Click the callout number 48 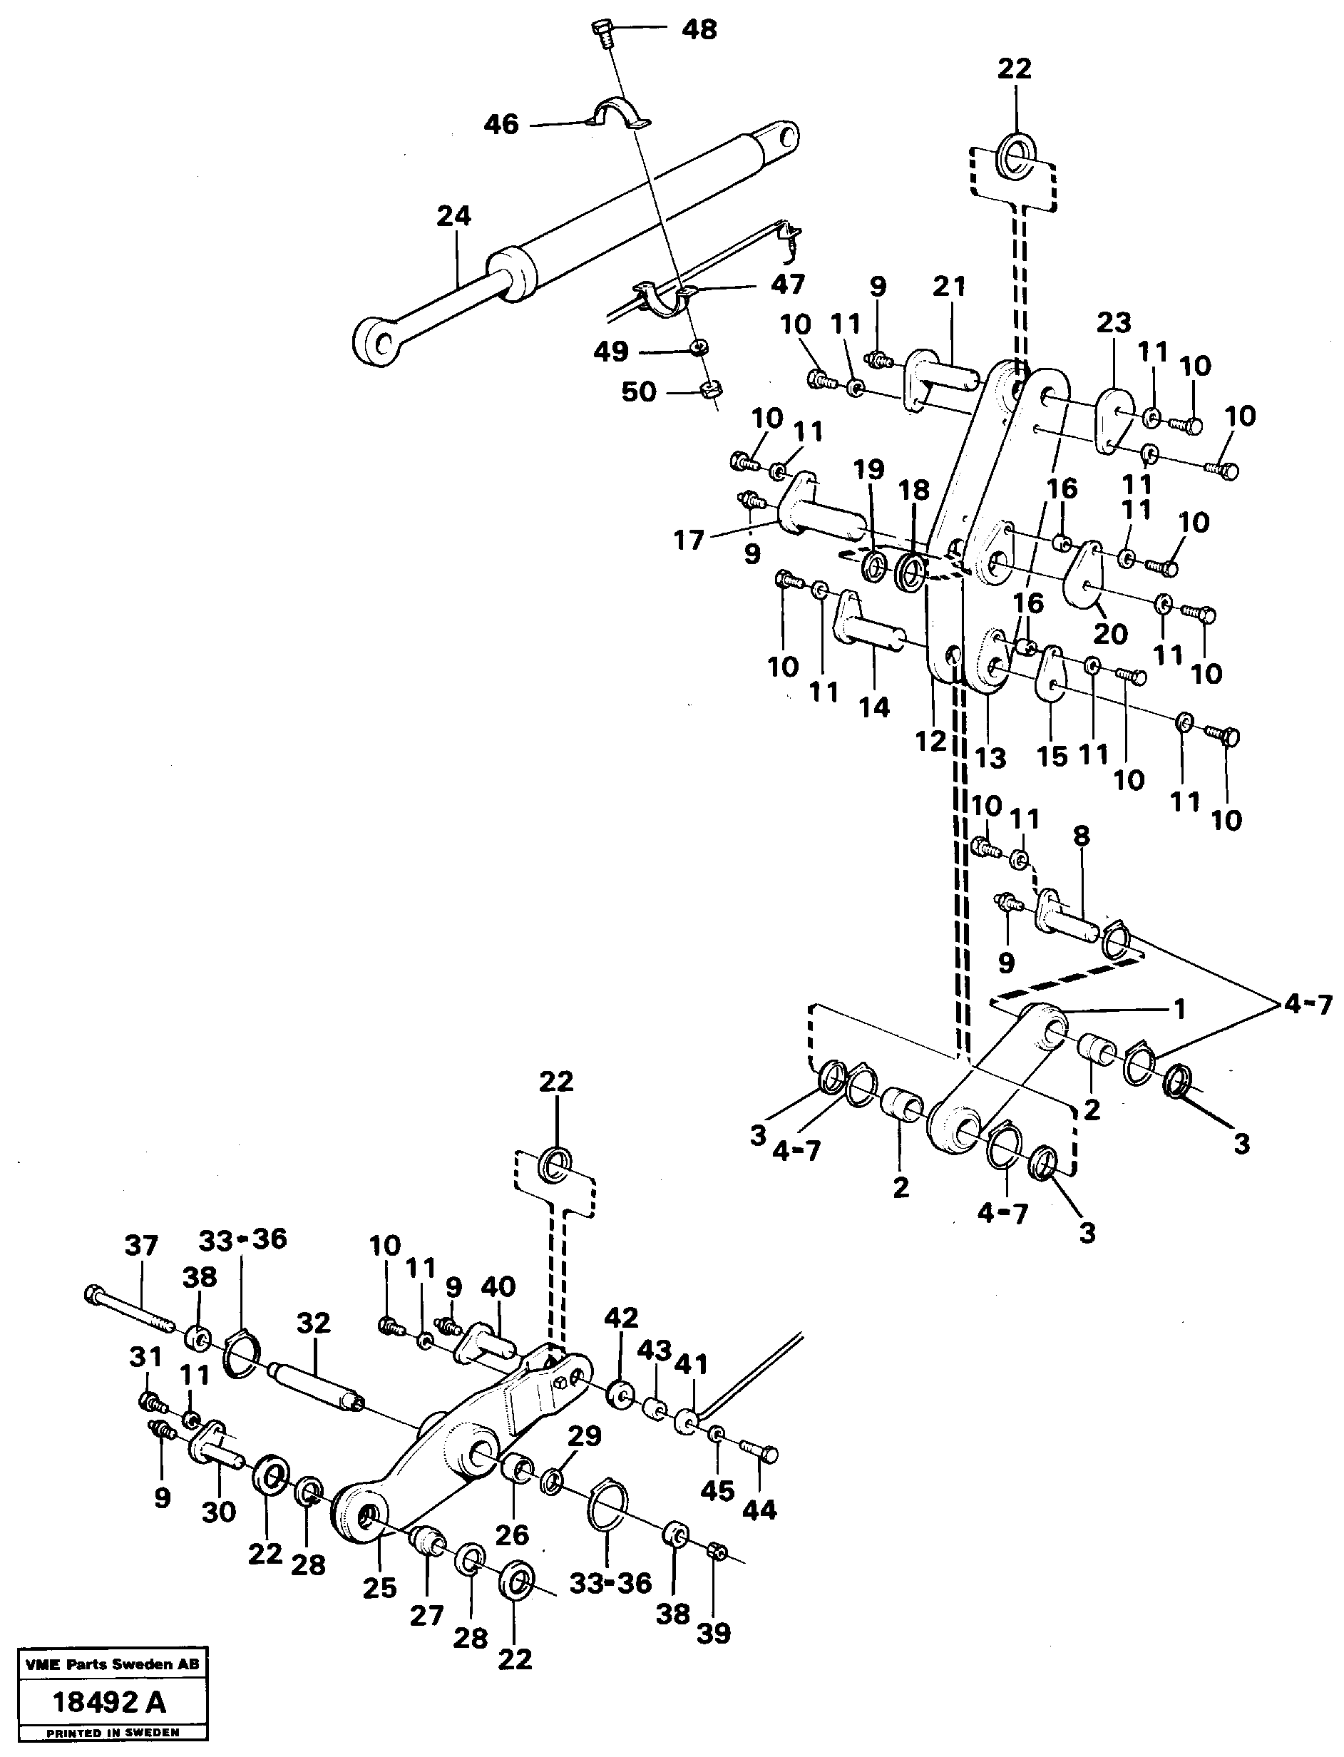tap(699, 30)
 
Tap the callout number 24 tap(453, 216)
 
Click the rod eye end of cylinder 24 tap(374, 340)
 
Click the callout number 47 tap(786, 284)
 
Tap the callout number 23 tap(1113, 322)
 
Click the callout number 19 tap(870, 470)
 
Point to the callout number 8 tap(1081, 835)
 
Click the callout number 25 tap(379, 1587)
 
